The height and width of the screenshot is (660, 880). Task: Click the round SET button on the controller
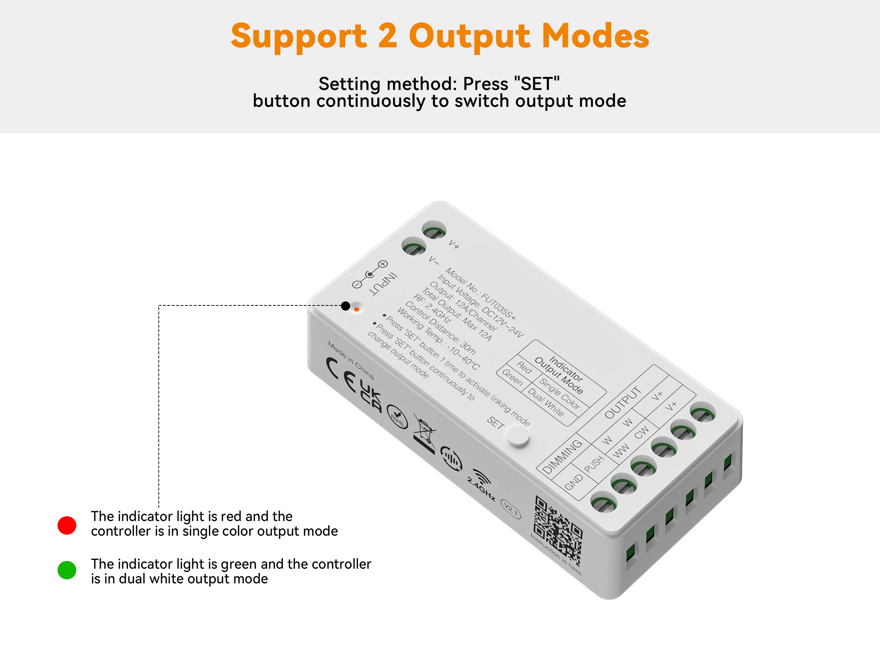518,436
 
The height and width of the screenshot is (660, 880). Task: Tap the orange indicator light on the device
356,309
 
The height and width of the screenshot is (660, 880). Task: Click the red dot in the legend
67,525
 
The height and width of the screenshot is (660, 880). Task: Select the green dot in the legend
67,570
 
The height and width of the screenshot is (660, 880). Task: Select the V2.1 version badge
510,509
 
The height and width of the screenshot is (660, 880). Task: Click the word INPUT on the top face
384,284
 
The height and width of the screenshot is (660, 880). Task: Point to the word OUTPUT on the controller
623,402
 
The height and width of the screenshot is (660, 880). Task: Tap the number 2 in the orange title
388,36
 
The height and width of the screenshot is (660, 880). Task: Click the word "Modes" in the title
595,36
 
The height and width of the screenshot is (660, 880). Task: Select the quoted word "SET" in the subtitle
537,84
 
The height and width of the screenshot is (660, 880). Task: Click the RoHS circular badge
397,416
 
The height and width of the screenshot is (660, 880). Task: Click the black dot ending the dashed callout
346,305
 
